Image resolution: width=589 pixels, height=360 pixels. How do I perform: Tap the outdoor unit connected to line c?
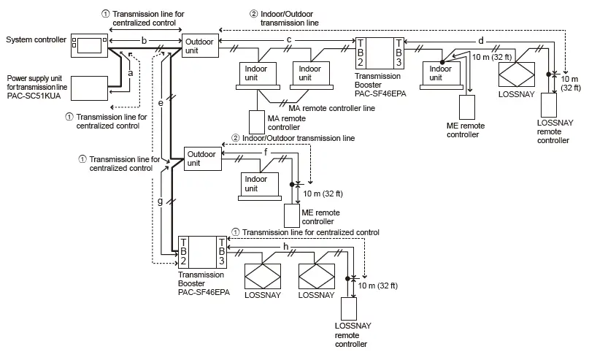tap(199, 46)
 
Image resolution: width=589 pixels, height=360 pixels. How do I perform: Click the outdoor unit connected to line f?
tap(202, 158)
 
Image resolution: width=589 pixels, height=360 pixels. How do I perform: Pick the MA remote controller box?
tap(258, 122)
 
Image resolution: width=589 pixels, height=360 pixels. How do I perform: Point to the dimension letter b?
tap(145, 38)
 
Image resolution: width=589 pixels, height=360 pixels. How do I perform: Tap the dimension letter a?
tap(131, 73)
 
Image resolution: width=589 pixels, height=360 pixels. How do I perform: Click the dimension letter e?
tap(161, 103)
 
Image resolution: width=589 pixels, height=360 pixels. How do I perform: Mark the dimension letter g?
tap(161, 200)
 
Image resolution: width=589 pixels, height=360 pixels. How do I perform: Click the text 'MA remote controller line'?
tap(327, 108)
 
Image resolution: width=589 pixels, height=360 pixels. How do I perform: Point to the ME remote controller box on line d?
tap(466, 107)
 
